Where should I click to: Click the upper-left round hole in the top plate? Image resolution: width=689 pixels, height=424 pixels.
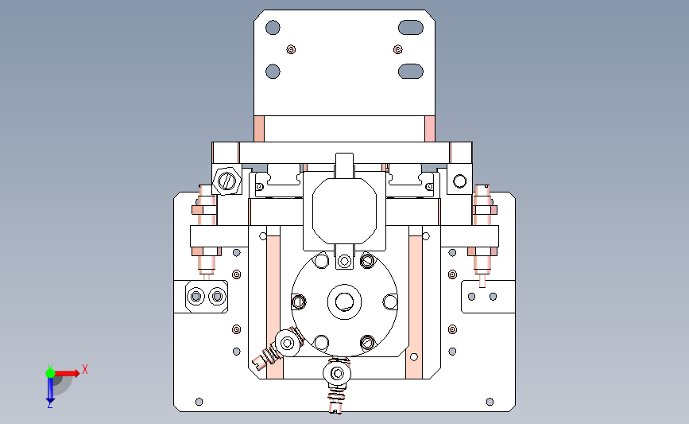(x=273, y=27)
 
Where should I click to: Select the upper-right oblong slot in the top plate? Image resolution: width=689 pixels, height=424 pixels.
(x=411, y=27)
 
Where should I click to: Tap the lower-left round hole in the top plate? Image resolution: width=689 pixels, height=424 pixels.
(x=273, y=72)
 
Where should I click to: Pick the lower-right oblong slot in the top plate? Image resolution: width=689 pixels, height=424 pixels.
(x=411, y=72)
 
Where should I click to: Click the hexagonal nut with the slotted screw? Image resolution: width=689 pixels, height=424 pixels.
(x=226, y=181)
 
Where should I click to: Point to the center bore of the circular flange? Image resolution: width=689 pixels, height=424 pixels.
(x=344, y=301)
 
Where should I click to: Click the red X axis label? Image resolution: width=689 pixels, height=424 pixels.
(x=85, y=369)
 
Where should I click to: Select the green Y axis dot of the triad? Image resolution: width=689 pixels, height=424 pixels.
(x=50, y=373)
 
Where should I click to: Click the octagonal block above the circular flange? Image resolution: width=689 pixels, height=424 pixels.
(x=345, y=211)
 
